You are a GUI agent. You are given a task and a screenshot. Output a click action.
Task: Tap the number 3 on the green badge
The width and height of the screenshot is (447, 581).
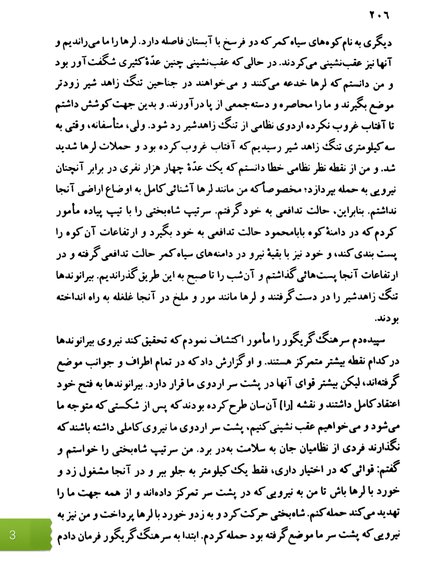tap(12, 535)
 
